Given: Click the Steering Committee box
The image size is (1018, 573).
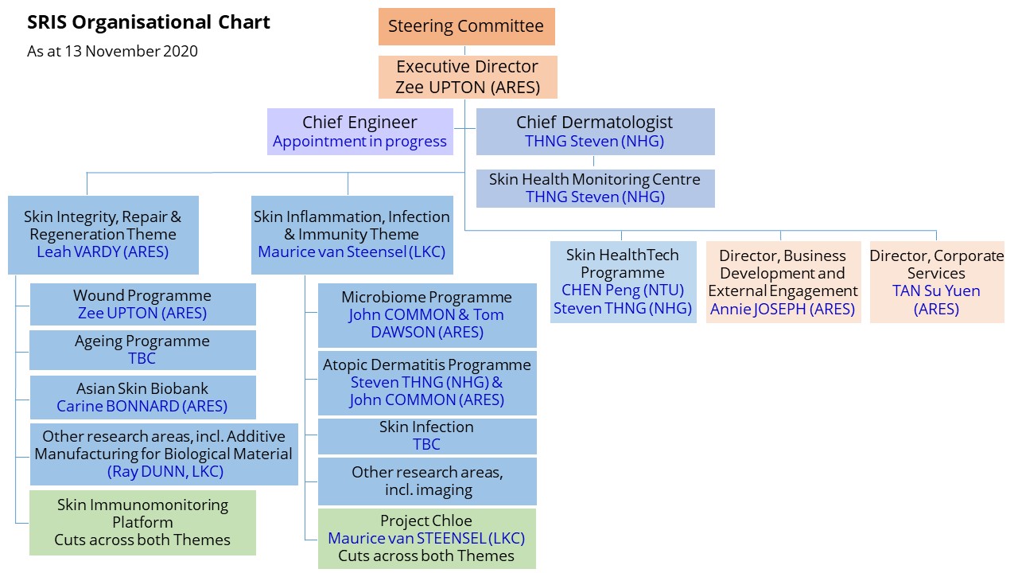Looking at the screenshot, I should [466, 26].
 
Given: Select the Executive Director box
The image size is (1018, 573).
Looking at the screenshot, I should [468, 77].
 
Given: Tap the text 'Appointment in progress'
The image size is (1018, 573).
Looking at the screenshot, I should [359, 142].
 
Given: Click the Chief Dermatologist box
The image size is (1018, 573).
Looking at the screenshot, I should [594, 131].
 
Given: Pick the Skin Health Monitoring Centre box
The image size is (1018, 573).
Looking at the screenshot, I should [594, 188].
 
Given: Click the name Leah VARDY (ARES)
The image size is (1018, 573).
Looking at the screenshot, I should [103, 252].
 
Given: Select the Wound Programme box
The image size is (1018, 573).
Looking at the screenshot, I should [142, 304].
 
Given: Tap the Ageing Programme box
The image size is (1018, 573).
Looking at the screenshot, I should [142, 349].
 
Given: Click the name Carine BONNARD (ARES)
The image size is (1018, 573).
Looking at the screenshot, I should [142, 406].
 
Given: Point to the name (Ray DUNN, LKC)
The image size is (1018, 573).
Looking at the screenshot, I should [165, 471].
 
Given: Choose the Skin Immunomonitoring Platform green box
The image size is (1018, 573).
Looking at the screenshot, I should [142, 522].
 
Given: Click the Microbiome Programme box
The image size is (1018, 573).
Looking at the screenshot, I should [427, 314].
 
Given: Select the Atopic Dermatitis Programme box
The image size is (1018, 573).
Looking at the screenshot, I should [427, 382].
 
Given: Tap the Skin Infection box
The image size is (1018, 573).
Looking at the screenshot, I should [427, 435].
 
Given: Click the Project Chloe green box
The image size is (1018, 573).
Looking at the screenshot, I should [427, 538].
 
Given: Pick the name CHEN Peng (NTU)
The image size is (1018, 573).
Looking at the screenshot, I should [623, 290].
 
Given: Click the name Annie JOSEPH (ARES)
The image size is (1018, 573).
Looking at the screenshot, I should [783, 309].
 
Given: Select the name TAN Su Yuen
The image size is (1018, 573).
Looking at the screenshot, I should [936, 290].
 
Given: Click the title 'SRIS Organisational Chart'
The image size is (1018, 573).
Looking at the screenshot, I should [149, 22].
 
